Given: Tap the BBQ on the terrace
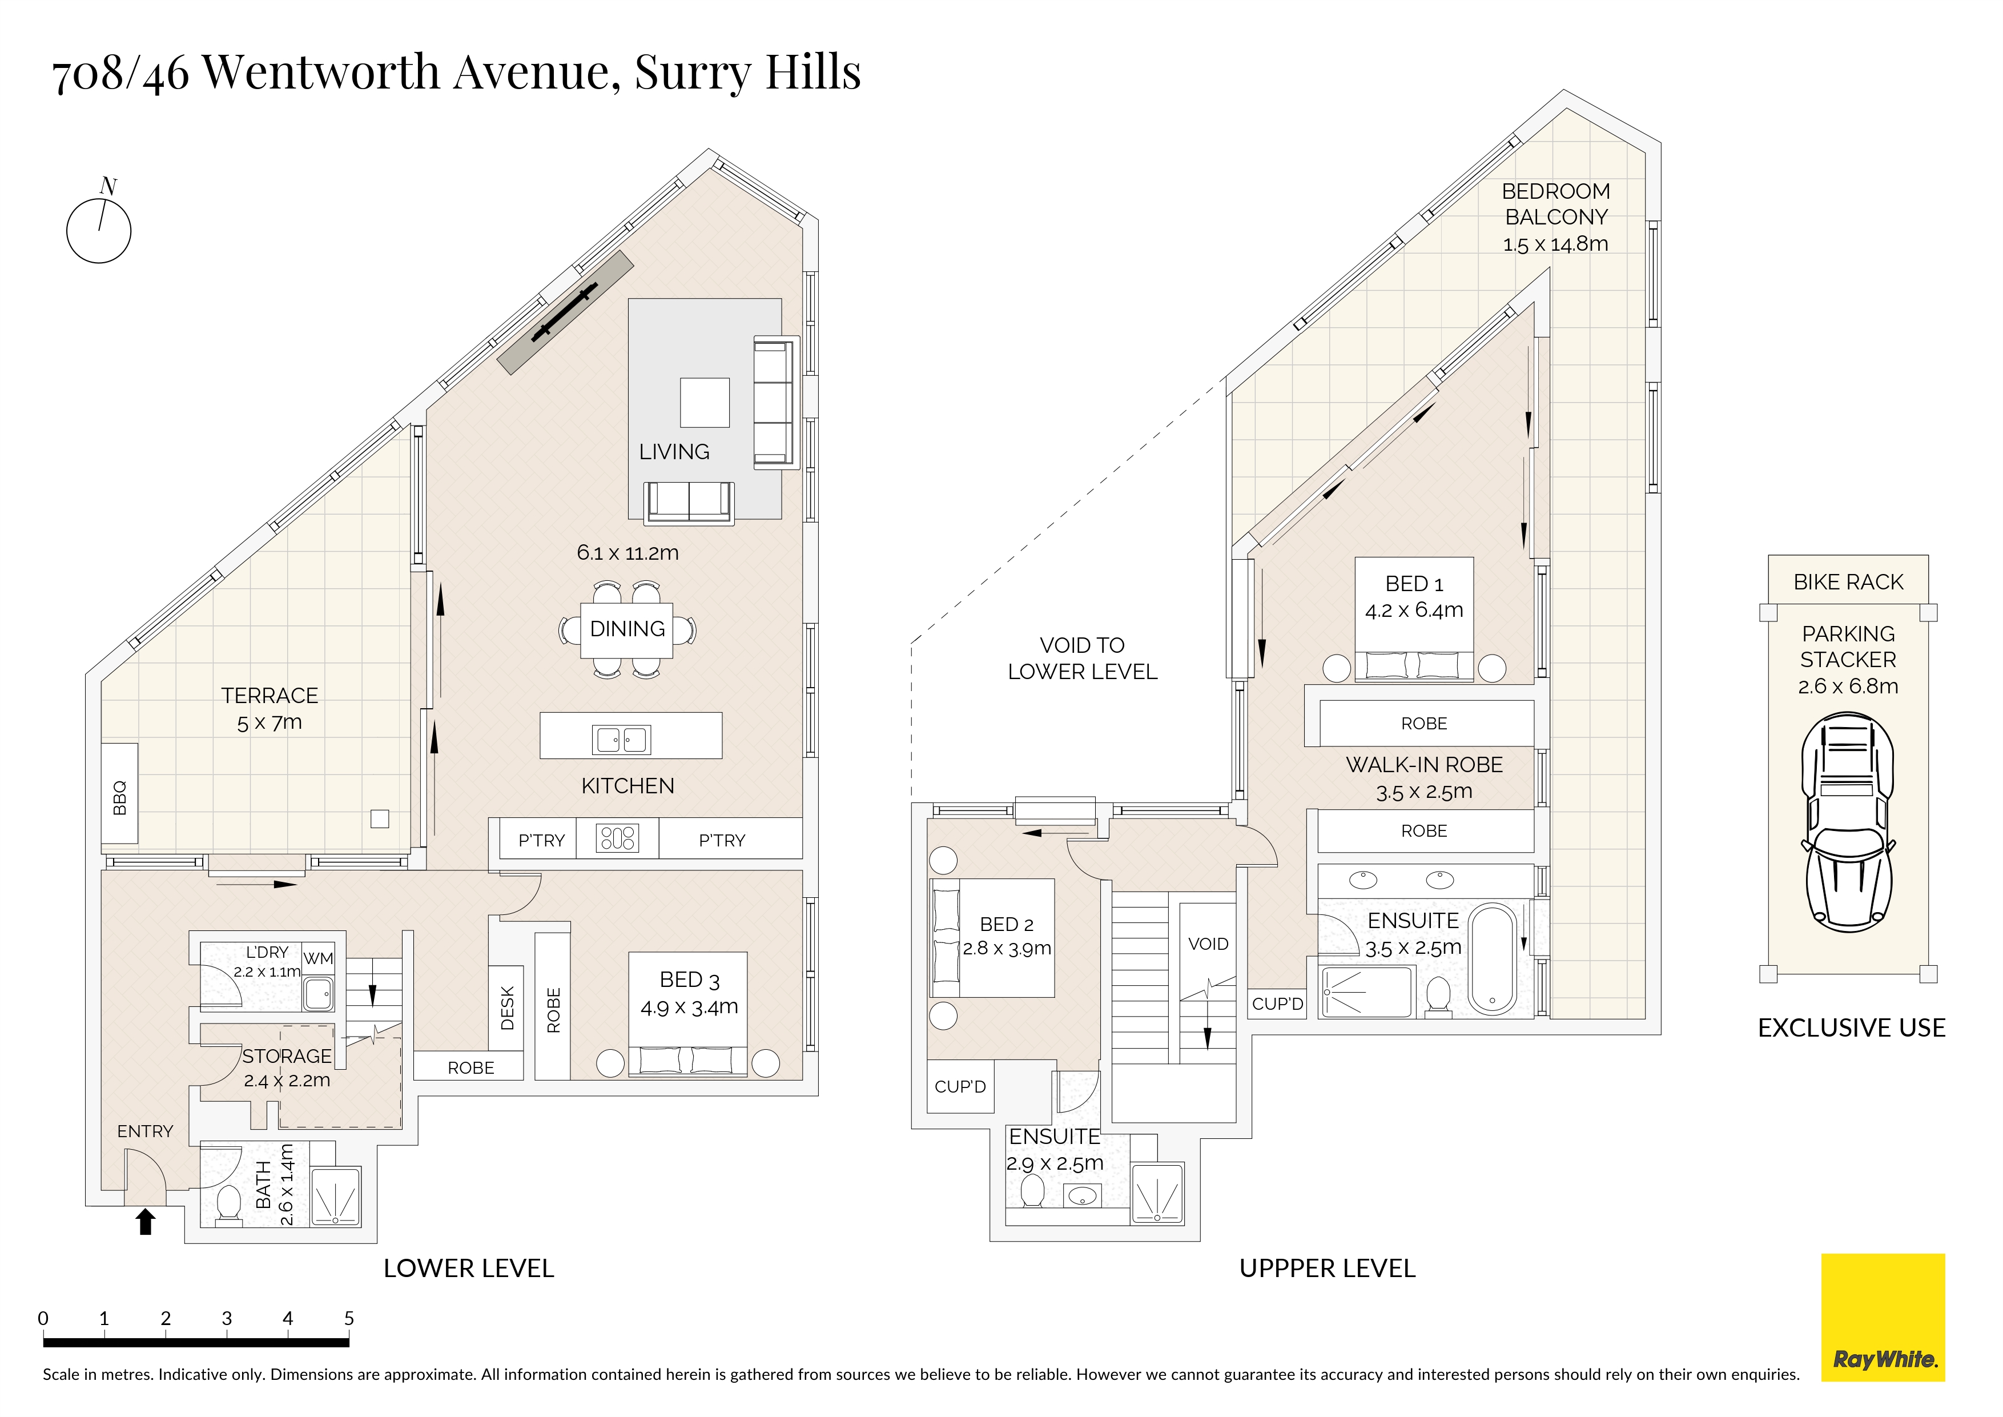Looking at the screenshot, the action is point(119,793).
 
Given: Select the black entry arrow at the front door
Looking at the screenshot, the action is point(146,1222).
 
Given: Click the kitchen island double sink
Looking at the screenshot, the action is point(621,739).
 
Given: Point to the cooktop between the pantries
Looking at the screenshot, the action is point(618,838).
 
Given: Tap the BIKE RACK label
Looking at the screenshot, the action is point(1849,582).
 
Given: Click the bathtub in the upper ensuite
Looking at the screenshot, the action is point(1493,959).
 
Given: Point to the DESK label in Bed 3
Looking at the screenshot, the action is point(508,1008).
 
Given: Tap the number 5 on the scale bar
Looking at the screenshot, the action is point(349,1318).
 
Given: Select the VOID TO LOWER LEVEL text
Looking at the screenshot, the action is point(1083,659).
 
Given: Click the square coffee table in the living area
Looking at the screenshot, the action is point(705,402).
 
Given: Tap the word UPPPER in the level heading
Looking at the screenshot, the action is point(1287,1269).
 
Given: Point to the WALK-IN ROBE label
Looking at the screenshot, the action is point(1425,765).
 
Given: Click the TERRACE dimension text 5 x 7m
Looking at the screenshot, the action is point(270,723).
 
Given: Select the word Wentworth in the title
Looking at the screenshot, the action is point(323,71).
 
